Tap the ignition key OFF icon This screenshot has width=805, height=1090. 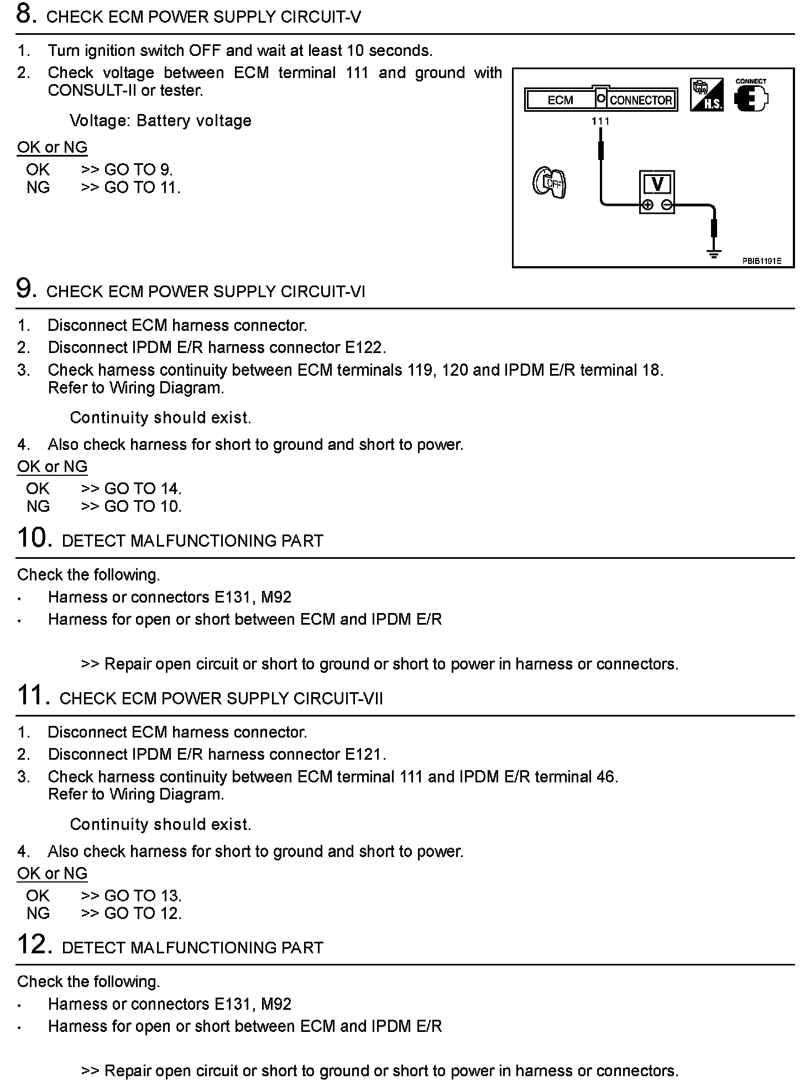pyautogui.click(x=550, y=183)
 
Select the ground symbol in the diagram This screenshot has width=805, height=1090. pyautogui.click(x=714, y=254)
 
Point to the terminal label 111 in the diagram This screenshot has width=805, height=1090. pyautogui.click(x=600, y=121)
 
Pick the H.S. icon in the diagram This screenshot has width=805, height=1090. pyautogui.click(x=707, y=96)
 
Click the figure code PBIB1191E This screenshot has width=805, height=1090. pyautogui.click(x=761, y=261)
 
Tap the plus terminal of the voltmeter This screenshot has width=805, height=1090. pyautogui.click(x=647, y=205)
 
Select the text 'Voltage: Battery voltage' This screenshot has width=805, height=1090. pyautogui.click(x=160, y=121)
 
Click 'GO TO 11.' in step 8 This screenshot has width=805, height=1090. pyautogui.click(x=142, y=188)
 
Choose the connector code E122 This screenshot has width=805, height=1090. pyautogui.click(x=364, y=347)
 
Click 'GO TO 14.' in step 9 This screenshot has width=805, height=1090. pyautogui.click(x=142, y=489)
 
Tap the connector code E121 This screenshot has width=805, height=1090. pyautogui.click(x=364, y=754)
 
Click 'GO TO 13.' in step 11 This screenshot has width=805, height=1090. pyautogui.click(x=142, y=896)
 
